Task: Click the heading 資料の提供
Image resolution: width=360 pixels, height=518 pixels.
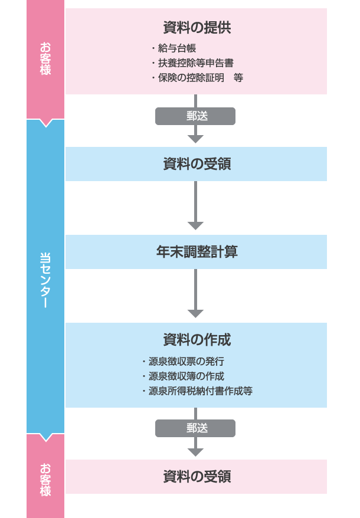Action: [196, 27]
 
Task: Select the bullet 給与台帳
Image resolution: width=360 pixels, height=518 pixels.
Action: [177, 48]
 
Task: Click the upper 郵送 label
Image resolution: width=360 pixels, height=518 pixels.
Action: [195, 116]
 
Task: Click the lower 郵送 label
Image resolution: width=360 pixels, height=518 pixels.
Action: [195, 428]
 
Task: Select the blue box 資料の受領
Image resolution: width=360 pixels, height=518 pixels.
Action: [196, 164]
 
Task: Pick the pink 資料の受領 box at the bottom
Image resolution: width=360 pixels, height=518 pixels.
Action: [196, 477]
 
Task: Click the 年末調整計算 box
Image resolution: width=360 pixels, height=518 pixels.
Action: [196, 252]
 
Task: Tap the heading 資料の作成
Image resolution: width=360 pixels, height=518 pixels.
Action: [196, 340]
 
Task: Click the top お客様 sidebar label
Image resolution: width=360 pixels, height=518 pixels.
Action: [45, 58]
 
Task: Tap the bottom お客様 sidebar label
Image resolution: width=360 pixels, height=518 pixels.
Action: [45, 480]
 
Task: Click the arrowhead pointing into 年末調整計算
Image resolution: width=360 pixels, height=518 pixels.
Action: [195, 226]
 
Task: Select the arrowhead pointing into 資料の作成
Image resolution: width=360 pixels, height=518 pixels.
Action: [195, 314]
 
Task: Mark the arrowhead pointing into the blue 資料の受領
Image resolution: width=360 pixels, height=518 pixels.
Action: [195, 139]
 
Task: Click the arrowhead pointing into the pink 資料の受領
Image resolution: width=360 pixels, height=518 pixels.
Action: [195, 452]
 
